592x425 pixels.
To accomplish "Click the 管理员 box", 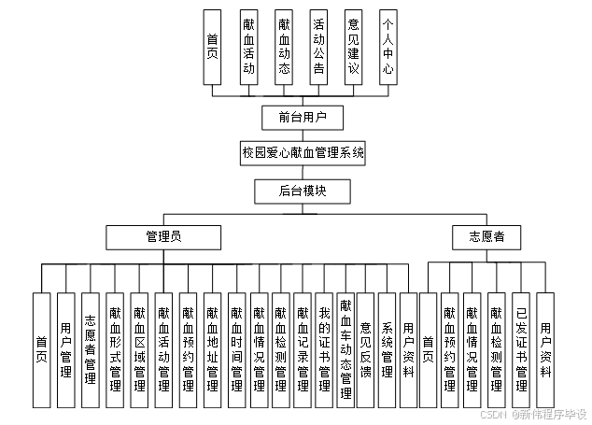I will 163,236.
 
